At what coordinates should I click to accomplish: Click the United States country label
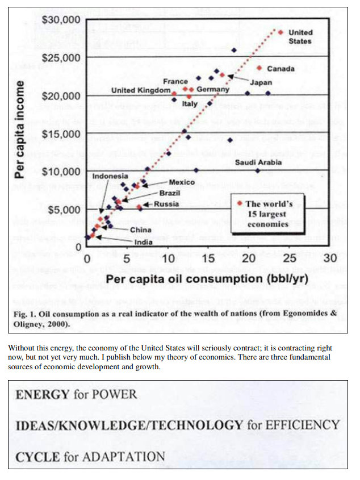coord(300,37)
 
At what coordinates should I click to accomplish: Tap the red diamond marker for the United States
coord(280,32)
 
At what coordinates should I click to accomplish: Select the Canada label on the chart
coord(281,69)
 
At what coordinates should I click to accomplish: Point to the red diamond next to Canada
coord(259,68)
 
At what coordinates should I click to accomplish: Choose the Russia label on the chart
coord(166,204)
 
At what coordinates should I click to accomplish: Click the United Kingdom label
coord(140,90)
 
